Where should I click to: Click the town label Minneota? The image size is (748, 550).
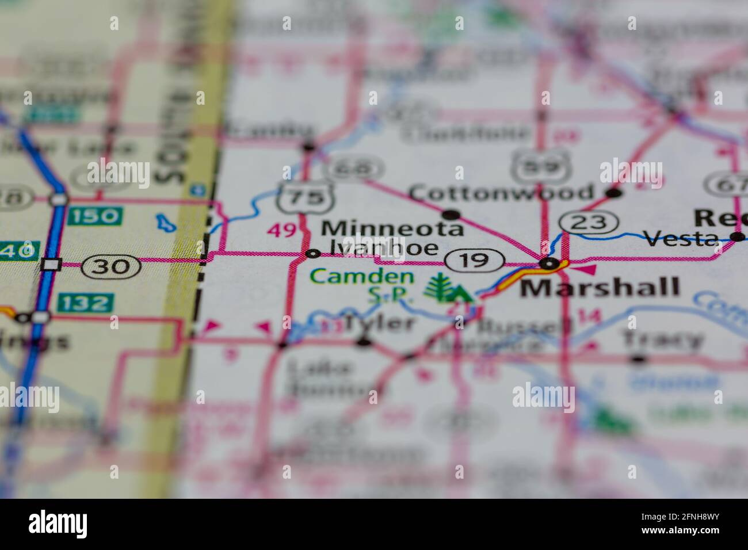(x=392, y=228)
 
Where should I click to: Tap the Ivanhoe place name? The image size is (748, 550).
(x=384, y=248)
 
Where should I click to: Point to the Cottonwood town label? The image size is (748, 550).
(x=501, y=192)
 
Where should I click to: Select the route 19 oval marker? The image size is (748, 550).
(x=474, y=260)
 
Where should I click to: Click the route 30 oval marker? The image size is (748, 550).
(x=112, y=266)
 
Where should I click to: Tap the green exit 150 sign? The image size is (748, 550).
(x=95, y=216)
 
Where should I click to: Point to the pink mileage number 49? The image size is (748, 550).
(x=283, y=230)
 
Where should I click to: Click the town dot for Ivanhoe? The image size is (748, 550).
(x=313, y=253)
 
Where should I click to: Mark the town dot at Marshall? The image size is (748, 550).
(x=550, y=264)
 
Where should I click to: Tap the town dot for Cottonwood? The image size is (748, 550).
(x=614, y=193)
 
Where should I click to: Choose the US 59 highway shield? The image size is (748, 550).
(x=535, y=166)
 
